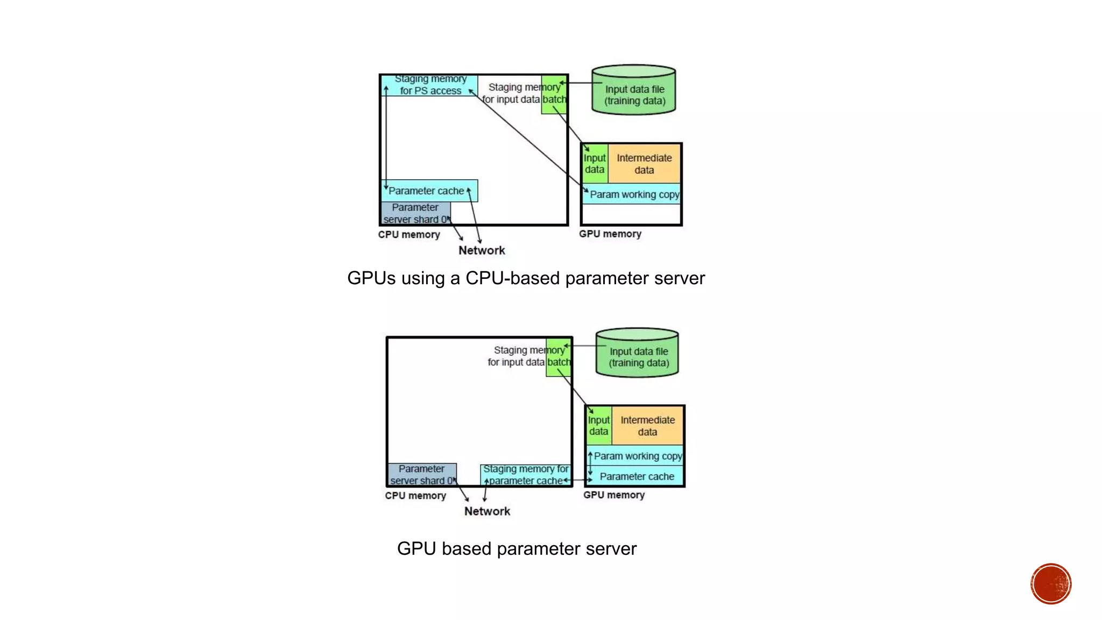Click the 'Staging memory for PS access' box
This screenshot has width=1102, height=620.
tap(429, 85)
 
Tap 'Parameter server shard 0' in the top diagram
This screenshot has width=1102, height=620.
tap(415, 214)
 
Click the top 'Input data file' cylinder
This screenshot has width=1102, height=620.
tap(634, 90)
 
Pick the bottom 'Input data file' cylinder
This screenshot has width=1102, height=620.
tap(638, 353)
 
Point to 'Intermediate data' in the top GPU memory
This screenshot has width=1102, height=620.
tap(644, 164)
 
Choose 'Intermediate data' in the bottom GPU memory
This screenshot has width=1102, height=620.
tap(647, 426)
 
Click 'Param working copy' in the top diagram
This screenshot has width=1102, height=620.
tap(633, 194)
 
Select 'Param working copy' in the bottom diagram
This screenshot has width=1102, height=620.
tap(637, 456)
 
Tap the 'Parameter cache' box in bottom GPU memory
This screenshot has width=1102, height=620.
tap(637, 476)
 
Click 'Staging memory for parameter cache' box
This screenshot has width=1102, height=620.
tap(525, 475)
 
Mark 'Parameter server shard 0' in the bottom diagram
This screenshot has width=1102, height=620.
tap(422, 475)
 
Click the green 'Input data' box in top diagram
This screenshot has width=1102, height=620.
tap(595, 164)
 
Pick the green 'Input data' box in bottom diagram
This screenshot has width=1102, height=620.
tap(598, 426)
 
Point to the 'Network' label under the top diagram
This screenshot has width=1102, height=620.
tap(482, 250)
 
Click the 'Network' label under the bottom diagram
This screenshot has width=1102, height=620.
tap(487, 511)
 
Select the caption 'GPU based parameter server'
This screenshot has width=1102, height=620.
tap(517, 548)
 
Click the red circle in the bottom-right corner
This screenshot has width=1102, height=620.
tap(1050, 584)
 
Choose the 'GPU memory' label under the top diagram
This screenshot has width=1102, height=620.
tap(610, 234)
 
